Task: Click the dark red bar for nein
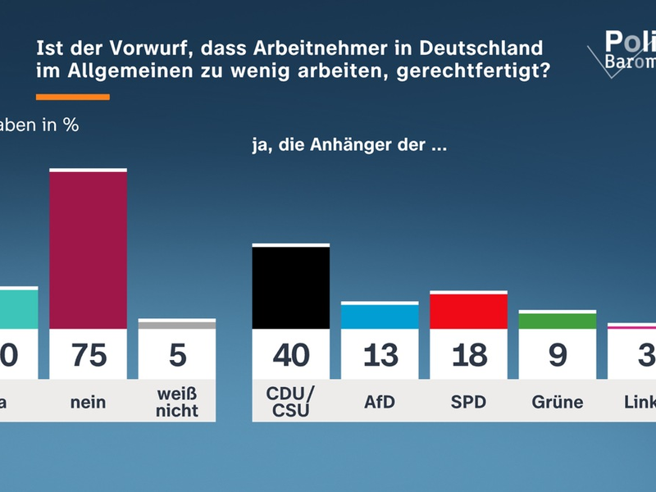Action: click(89, 249)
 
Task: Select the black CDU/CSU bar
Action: click(290, 287)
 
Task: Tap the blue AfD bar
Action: click(380, 317)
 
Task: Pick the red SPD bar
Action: click(468, 311)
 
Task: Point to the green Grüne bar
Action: click(558, 321)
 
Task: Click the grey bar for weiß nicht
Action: click(177, 325)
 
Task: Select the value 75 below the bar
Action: click(89, 354)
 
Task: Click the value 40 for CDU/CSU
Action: click(290, 354)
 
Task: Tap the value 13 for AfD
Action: click(380, 354)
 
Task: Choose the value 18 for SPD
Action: click(468, 354)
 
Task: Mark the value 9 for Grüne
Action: click(558, 354)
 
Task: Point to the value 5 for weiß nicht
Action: click(177, 354)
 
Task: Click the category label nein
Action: click(89, 402)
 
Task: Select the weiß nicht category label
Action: click(177, 402)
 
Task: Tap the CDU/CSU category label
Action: click(290, 402)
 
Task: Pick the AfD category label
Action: click(380, 402)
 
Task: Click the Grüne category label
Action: click(558, 402)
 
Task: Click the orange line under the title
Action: click(73, 97)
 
